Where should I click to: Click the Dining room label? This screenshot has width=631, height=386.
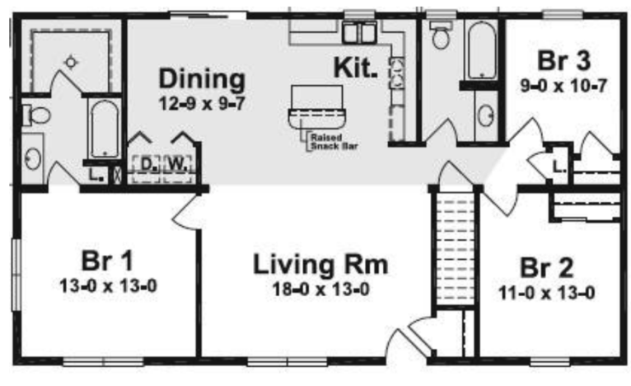tap(202, 79)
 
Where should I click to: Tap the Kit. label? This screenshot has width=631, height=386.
tap(356, 68)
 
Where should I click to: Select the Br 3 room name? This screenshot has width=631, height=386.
tap(563, 60)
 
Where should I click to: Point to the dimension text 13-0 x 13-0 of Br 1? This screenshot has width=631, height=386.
tap(108, 285)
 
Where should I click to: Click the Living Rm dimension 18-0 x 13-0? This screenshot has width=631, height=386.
tap(320, 289)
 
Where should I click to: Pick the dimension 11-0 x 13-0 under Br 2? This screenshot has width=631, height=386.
tap(546, 293)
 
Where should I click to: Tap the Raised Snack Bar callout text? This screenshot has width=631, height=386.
tap(334, 142)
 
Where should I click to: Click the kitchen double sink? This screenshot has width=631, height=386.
tap(359, 32)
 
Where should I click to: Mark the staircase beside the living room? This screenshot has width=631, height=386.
tap(455, 247)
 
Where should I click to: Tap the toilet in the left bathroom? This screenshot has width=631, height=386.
tap(36, 115)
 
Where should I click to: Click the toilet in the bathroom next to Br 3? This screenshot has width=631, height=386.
tap(441, 35)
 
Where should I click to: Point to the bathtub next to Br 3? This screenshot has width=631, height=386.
tap(482, 51)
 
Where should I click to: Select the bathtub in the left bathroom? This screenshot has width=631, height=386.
tap(105, 129)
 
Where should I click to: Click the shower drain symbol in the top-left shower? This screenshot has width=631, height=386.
tap(71, 62)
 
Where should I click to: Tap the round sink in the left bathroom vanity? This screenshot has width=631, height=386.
tap(33, 158)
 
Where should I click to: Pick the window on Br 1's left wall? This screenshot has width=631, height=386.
tap(16, 275)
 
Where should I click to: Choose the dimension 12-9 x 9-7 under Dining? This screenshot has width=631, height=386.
tap(202, 104)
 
